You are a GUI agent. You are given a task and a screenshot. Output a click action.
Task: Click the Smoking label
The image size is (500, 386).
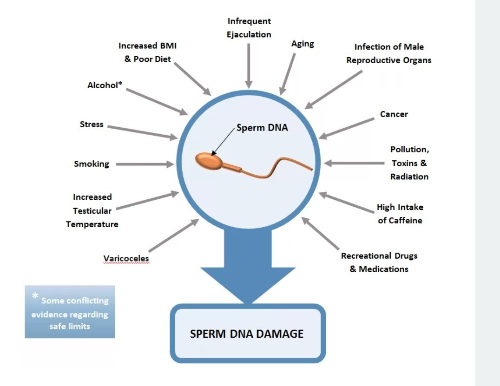click(92, 164)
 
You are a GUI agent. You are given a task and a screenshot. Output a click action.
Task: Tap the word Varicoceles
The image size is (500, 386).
click(126, 258)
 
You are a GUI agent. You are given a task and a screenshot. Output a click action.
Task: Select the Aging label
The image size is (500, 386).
click(303, 44)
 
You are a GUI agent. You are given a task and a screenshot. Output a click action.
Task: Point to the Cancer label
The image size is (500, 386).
click(394, 114)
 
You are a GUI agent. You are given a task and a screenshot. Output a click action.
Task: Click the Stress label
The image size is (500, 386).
click(92, 124)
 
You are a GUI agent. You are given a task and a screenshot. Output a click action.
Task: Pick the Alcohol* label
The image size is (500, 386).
click(105, 85)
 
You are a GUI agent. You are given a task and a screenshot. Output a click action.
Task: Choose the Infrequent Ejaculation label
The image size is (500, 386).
click(249, 28)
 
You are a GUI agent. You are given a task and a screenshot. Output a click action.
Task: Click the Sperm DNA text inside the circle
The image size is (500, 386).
click(262, 128)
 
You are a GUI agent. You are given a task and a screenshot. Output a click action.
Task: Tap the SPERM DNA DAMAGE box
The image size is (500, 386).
click(247, 334)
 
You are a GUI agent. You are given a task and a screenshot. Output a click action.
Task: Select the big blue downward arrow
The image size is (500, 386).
click(248, 269)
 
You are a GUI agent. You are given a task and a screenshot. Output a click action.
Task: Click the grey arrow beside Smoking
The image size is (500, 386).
click(144, 164)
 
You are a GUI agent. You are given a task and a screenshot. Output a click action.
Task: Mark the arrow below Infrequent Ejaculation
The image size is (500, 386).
click(250, 65)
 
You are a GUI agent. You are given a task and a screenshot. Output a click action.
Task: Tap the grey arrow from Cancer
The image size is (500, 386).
click(347, 128)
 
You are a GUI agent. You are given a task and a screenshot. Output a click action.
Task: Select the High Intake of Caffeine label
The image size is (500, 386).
click(400, 214)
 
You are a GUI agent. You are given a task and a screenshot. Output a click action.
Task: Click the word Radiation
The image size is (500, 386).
click(409, 177)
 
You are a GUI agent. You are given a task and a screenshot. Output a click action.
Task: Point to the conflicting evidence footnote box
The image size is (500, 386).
click(70, 312)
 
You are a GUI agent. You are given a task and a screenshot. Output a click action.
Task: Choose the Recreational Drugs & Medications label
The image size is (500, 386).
click(379, 262)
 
